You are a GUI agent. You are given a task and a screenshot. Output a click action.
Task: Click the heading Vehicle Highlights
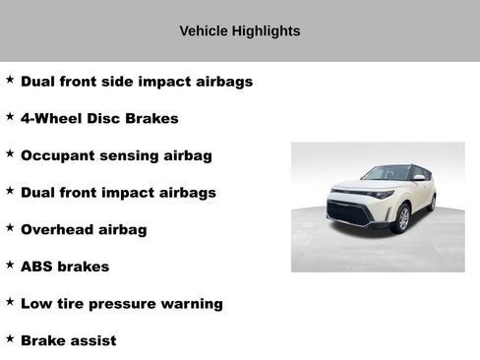240,30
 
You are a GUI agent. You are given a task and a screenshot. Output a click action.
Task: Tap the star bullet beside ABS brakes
10,265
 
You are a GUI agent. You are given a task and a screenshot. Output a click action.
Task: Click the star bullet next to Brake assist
10,338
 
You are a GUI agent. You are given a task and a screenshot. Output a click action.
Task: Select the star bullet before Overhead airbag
10,227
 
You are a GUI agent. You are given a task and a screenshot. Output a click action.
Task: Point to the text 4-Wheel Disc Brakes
99,119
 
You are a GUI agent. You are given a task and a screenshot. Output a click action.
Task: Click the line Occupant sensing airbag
116,155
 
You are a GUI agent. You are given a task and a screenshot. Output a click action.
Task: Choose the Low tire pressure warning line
121,304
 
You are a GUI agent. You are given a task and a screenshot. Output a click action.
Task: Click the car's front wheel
401,218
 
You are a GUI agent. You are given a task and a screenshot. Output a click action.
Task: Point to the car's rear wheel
431,203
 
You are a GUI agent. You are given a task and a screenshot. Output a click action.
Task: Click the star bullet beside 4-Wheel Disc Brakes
10,116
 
